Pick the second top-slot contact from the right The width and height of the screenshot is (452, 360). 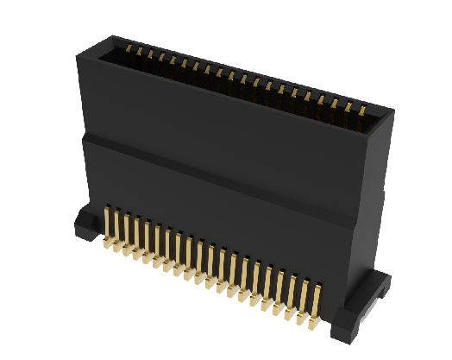pos(349,106)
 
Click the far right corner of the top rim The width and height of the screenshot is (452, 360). pos(393,112)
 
